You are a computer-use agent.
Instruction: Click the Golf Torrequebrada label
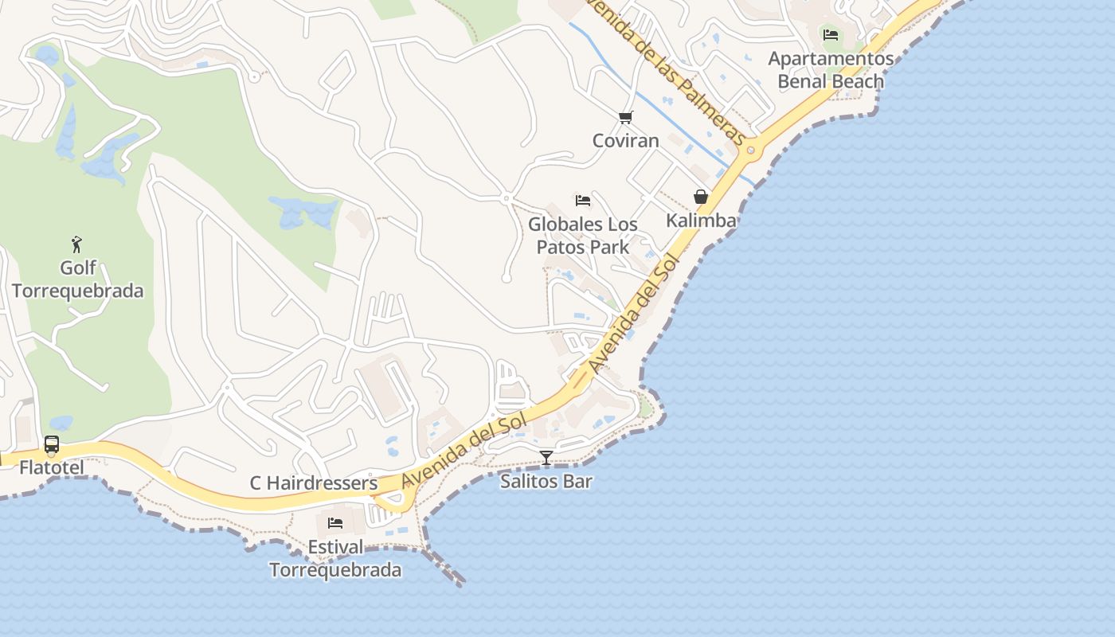77,279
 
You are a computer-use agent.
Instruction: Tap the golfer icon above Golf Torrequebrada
76,244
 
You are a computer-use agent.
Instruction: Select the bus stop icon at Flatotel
52,445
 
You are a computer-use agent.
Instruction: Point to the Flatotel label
52,467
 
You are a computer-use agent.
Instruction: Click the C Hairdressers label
314,483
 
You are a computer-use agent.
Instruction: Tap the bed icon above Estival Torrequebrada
335,523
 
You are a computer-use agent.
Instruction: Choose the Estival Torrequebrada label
335,559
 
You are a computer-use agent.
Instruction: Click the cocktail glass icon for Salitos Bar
546,458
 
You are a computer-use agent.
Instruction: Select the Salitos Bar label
546,481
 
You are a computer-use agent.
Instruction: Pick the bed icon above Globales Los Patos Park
583,201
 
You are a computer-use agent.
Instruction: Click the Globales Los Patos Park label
583,236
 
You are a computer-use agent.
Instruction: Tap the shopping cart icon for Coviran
626,118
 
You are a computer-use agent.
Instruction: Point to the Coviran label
626,141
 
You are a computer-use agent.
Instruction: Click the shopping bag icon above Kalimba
701,197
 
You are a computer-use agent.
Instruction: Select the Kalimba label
701,221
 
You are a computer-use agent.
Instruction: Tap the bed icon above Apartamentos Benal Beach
831,35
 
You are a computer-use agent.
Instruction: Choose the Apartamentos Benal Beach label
831,70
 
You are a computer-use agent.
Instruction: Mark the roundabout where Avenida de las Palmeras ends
750,150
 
